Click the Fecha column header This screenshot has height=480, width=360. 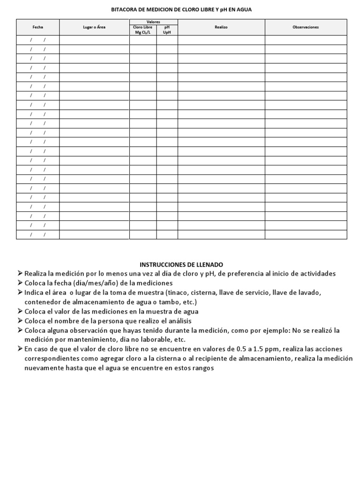coord(37,27)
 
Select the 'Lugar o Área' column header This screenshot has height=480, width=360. coord(94,27)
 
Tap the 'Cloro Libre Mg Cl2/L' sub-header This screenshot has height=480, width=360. coord(143,30)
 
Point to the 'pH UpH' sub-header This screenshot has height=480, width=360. coord(167,30)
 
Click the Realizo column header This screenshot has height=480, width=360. coord(221,27)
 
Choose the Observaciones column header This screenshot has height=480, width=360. coord(306,27)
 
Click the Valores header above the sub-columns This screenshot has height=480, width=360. coord(153,22)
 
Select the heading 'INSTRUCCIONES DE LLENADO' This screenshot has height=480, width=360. coord(181,264)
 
